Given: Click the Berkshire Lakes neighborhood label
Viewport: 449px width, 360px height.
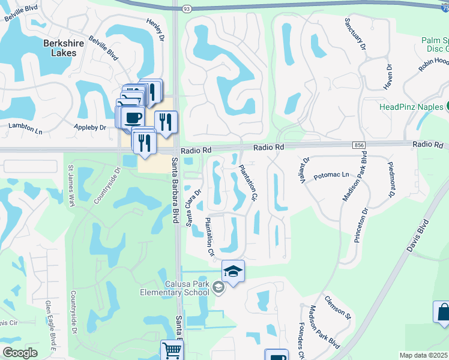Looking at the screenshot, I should click(59, 47).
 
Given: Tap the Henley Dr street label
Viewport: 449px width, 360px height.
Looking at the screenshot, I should click(155, 29).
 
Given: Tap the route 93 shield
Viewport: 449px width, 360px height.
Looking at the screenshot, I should click(187, 8).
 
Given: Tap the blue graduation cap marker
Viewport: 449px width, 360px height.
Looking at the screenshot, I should click(233, 271).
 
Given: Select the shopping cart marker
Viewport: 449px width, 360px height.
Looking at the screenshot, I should click(172, 349).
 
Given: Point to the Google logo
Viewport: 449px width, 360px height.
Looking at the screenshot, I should click(20, 353).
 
